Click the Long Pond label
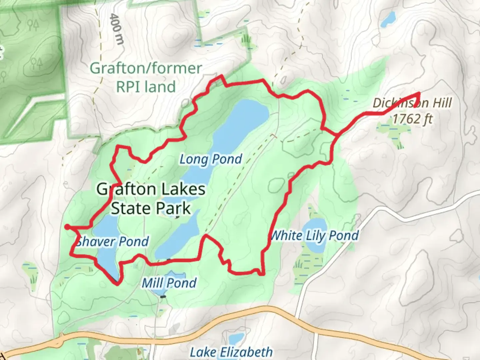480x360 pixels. point(211,159)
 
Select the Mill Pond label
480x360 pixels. point(169,283)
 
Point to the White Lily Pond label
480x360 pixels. point(315,236)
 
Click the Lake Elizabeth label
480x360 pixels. point(231,352)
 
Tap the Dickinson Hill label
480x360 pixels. point(412,103)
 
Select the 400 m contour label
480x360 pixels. point(116,29)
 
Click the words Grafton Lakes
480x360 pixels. point(151,189)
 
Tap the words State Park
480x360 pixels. point(151,209)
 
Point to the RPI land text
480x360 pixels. point(146,87)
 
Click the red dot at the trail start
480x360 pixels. point(67,227)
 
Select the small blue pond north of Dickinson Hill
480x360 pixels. point(388,19)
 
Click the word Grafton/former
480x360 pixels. point(146,68)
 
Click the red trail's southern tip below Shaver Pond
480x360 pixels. point(117,284)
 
